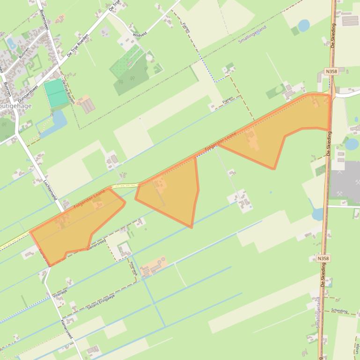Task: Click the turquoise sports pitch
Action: pyautogui.click(x=56, y=93)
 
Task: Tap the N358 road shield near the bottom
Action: pyautogui.click(x=323, y=258)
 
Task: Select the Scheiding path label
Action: pyautogui.click(x=339, y=311)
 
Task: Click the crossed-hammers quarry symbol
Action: pyautogui.click(x=353, y=182)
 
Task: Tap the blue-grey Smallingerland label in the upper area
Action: pyautogui.click(x=253, y=35)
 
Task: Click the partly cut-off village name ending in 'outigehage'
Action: pyautogui.click(x=17, y=106)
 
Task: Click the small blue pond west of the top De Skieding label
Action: pyautogui.click(x=303, y=25)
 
